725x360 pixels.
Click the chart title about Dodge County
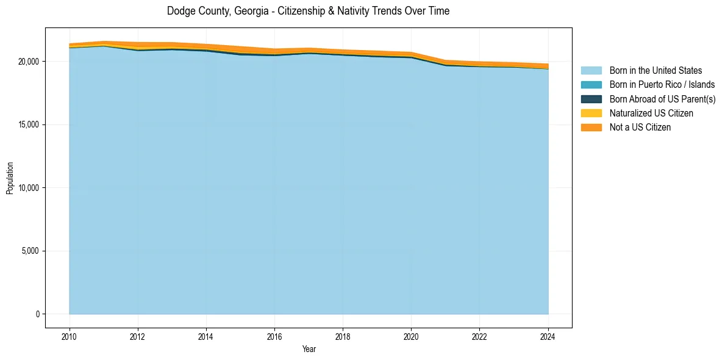[308, 11]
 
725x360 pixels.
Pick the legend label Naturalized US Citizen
[651, 113]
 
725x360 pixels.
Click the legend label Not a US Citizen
[640, 128]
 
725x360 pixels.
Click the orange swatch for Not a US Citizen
[591, 128]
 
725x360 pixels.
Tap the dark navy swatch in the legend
[591, 99]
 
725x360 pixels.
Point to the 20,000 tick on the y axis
[28, 62]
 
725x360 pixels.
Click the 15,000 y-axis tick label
[28, 125]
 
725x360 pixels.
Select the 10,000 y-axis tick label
[28, 188]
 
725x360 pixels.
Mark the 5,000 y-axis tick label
[30, 251]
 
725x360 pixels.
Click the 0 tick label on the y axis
[38, 314]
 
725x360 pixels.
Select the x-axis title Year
[309, 349]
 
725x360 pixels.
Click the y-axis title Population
[10, 178]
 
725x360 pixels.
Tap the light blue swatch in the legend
[591, 71]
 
